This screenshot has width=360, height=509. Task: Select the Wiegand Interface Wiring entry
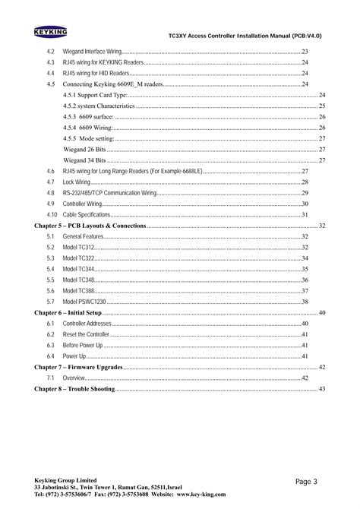pyautogui.click(x=92, y=50)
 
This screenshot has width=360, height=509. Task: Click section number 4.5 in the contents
pyautogui.click(x=50, y=84)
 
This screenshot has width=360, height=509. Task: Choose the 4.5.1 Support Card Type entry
pyautogui.click(x=96, y=95)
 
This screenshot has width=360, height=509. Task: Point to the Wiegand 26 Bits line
pyautogui.click(x=84, y=150)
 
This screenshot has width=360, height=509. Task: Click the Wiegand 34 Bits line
pyautogui.click(x=84, y=161)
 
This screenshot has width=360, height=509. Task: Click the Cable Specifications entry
pyautogui.click(x=87, y=216)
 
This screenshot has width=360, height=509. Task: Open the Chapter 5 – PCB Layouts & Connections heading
pyautogui.click(x=90, y=226)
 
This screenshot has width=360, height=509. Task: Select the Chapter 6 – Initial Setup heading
pyautogui.click(x=68, y=313)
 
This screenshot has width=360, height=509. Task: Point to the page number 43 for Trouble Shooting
pyautogui.click(x=322, y=389)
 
